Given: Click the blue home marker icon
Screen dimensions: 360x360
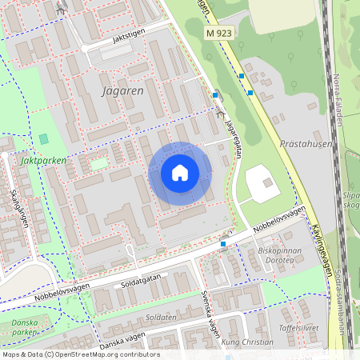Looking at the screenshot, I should (180, 173).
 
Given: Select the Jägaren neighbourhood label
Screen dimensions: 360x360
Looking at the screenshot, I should (123, 91).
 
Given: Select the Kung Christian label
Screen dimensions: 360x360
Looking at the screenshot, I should (247, 342).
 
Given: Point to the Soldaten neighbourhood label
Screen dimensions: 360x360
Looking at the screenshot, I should (161, 317).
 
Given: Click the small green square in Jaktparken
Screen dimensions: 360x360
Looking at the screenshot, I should (43, 139).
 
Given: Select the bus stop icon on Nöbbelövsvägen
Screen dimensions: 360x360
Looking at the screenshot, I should (223, 242).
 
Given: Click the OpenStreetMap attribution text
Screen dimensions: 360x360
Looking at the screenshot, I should (80, 354).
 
